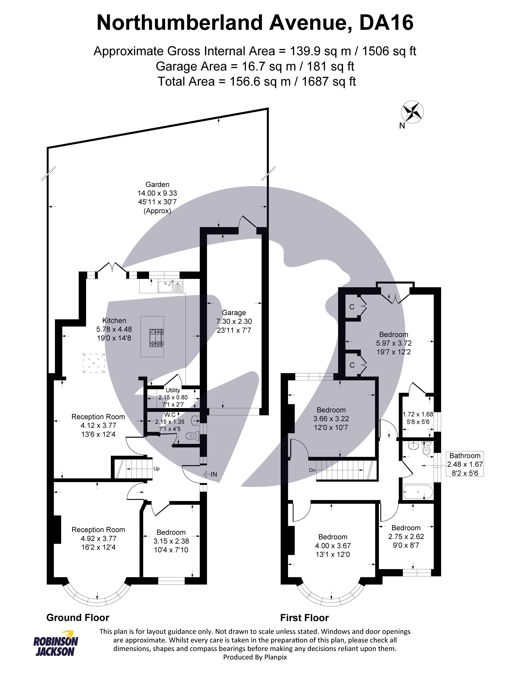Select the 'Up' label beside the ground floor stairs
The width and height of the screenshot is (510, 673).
point(156,469)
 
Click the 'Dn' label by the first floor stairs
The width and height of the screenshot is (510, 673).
point(312,470)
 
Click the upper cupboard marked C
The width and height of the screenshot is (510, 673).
point(352,307)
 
